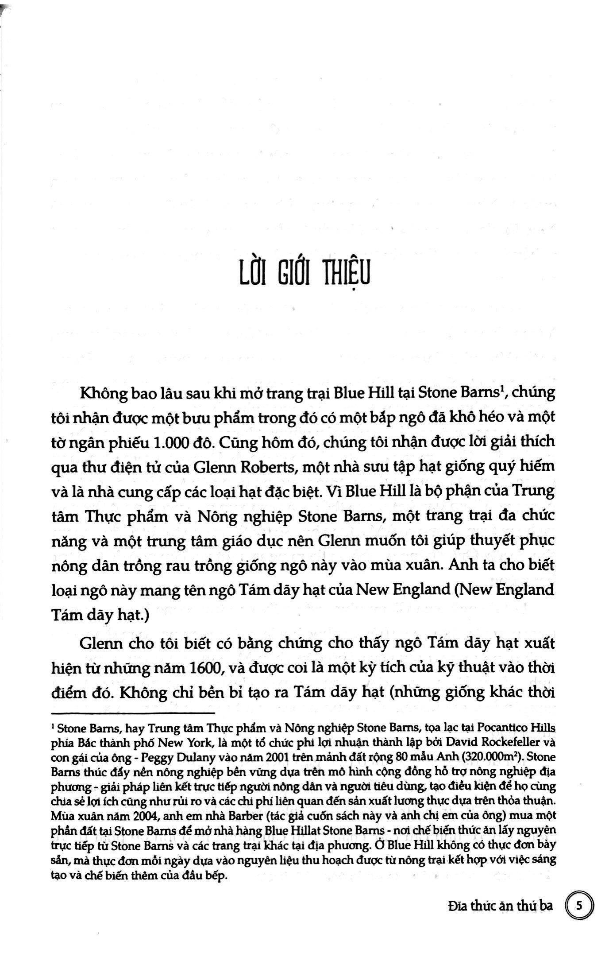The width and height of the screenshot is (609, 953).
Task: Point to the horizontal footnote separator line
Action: pyautogui.click(x=133, y=713)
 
